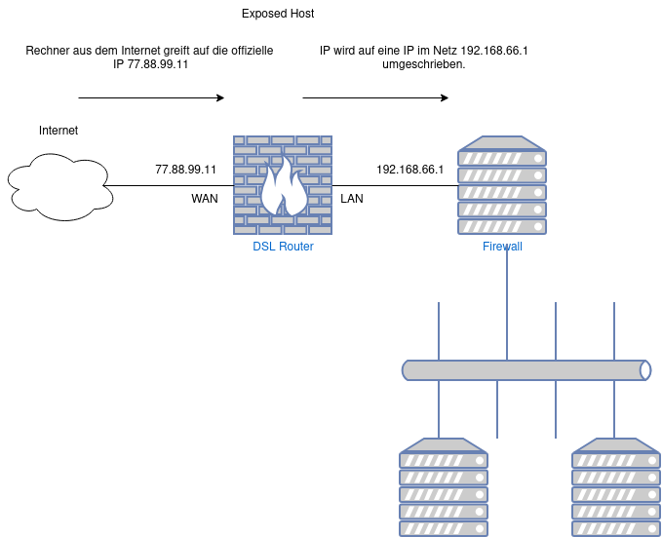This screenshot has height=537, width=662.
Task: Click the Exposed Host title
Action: tap(278, 14)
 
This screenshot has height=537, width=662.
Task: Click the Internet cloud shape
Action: tap(60, 187)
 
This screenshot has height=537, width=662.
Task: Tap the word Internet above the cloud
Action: tap(58, 131)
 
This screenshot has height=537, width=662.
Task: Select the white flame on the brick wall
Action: tap(284, 186)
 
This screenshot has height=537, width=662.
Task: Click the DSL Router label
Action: tap(283, 247)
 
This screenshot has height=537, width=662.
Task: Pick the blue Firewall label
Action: tap(502, 247)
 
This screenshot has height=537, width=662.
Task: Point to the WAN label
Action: tap(205, 199)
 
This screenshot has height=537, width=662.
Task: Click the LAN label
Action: tap(352, 199)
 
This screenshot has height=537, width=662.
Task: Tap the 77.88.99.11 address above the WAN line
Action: tap(186, 170)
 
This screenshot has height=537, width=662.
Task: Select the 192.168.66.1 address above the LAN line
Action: tap(409, 170)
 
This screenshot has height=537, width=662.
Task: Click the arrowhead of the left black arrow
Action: tap(220, 97)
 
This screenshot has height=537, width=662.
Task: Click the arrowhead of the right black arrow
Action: tap(445, 97)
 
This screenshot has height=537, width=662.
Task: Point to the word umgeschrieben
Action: tap(423, 64)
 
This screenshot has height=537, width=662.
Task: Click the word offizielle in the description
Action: tap(252, 51)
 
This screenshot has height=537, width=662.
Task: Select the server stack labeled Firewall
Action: tap(502, 185)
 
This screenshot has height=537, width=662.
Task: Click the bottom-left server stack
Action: tap(444, 487)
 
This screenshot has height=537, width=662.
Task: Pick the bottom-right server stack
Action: tap(616, 487)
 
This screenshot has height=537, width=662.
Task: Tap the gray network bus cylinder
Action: tap(526, 370)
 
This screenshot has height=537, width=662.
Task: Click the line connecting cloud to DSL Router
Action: tap(169, 185)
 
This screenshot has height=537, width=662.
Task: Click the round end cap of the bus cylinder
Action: tap(645, 370)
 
